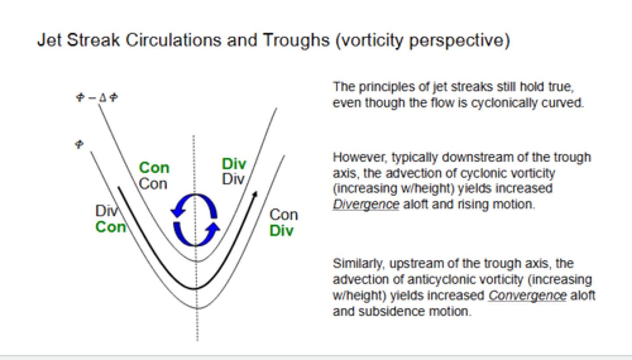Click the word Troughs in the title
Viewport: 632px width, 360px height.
tap(296, 40)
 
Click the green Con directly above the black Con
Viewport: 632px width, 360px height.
tap(154, 168)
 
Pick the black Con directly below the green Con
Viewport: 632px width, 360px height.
tap(153, 184)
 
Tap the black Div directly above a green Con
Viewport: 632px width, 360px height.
tap(107, 211)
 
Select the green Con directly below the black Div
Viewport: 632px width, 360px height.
tap(111, 227)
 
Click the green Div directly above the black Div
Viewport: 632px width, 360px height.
tap(234, 164)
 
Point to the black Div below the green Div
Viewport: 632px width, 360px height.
tap(233, 179)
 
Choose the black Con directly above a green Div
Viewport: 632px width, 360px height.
tap(284, 215)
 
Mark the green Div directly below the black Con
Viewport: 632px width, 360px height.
tap(281, 231)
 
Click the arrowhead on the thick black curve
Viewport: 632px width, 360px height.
tap(255, 194)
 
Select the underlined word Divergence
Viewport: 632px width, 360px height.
tap(366, 205)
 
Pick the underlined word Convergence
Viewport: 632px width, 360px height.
tap(527, 295)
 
